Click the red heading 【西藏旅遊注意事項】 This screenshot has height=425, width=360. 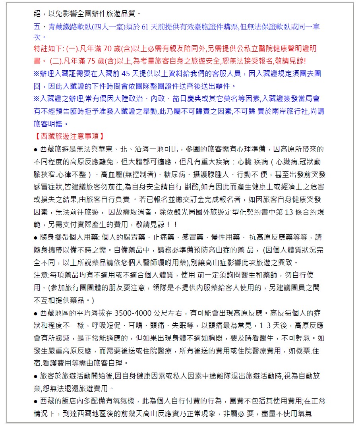[x=69, y=136]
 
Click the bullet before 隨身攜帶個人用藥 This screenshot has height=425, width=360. [x=36, y=238]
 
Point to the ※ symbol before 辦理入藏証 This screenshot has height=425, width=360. [x=37, y=73]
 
